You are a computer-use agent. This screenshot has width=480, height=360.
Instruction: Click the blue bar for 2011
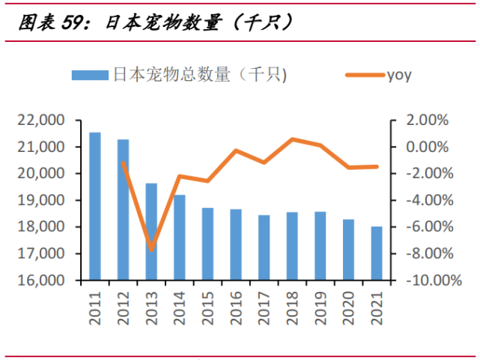[x=95, y=207]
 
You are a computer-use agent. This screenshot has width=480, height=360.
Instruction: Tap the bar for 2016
[x=235, y=245]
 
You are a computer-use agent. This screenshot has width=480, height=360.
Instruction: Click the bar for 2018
[x=292, y=246]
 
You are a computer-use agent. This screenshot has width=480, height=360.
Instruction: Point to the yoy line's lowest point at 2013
[x=151, y=249]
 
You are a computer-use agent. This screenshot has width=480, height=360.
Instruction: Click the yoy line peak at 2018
[x=292, y=139]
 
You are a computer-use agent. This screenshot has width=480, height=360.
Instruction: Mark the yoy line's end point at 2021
[x=376, y=166]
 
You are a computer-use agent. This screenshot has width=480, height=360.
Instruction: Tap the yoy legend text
[x=399, y=74]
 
